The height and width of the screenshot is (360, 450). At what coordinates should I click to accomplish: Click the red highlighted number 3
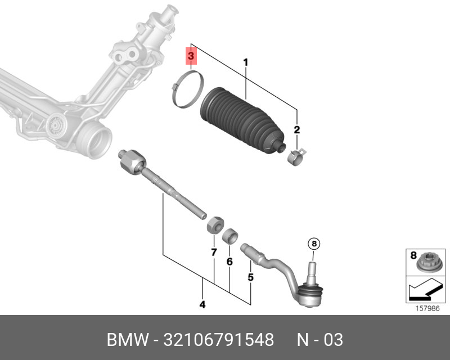click(191, 57)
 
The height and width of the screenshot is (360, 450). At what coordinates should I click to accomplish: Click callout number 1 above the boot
click(245, 62)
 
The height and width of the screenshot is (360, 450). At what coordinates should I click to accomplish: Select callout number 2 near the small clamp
click(296, 130)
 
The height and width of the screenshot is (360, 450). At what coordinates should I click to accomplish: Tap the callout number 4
click(202, 305)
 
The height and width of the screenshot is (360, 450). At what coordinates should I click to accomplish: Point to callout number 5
click(251, 277)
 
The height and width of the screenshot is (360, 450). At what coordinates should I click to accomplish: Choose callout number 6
click(229, 262)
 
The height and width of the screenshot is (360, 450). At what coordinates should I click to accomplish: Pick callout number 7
click(214, 253)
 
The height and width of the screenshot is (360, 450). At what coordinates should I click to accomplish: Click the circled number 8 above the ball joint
click(314, 244)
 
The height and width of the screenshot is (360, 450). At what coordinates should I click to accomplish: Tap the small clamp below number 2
click(295, 155)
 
